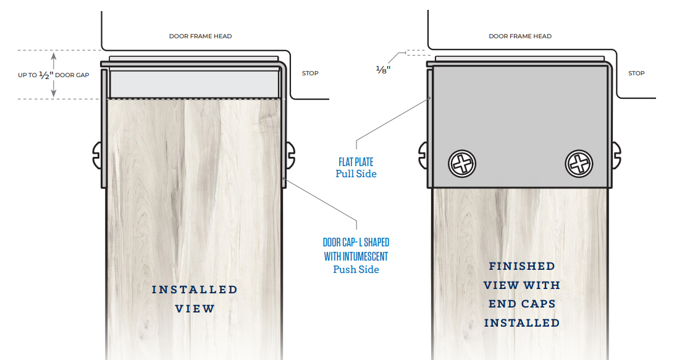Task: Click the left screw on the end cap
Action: click(463, 164)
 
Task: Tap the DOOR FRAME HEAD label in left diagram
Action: click(200, 36)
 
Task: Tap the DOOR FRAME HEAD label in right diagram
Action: click(520, 36)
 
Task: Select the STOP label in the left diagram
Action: click(310, 73)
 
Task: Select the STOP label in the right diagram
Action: click(636, 73)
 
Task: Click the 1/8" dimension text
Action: click(384, 69)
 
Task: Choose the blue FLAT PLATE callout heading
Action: click(356, 162)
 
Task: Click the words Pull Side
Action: click(356, 174)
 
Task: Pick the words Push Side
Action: click(356, 269)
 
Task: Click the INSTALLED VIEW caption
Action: click(195, 299)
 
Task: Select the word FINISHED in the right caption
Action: click(522, 266)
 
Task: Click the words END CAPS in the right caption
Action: click(522, 304)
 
